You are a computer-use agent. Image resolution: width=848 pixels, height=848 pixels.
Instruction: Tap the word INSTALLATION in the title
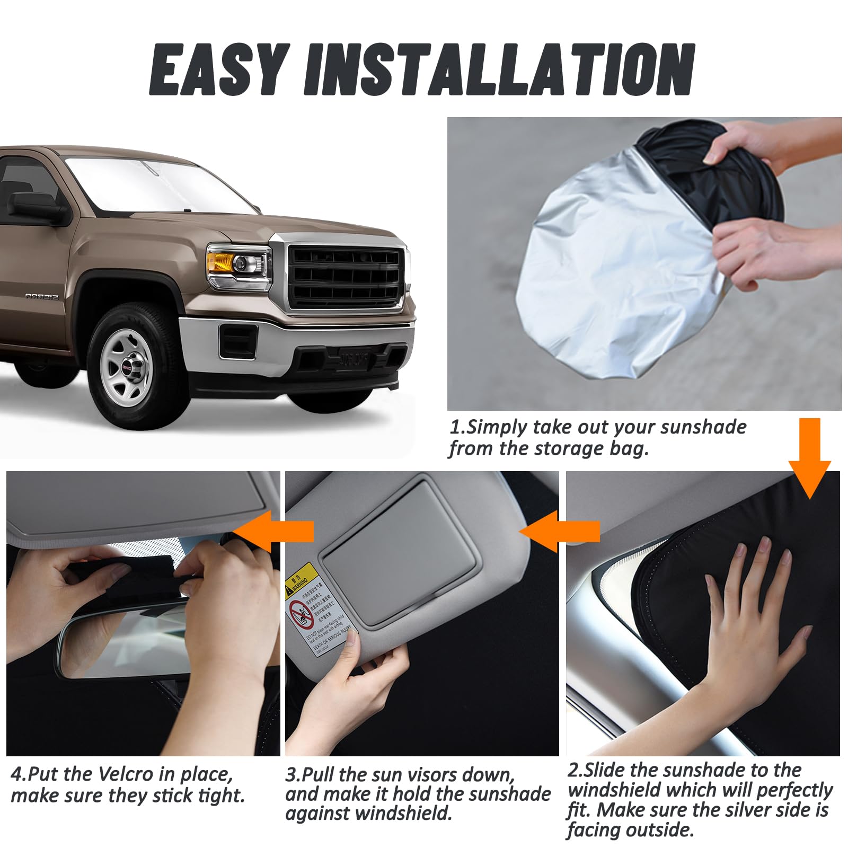point(498,70)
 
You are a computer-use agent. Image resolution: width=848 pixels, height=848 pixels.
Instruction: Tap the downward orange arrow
point(809,458)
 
